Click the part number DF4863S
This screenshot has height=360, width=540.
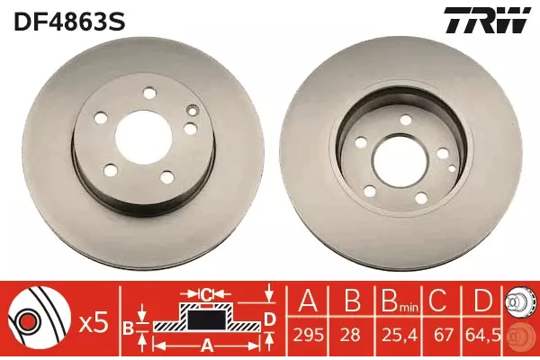click(x=69, y=22)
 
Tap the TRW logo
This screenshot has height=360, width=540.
click(x=486, y=21)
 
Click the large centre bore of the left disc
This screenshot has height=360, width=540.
click(x=144, y=138)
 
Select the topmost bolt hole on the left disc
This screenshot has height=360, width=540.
click(x=149, y=94)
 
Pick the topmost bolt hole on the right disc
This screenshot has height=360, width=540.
click(x=406, y=120)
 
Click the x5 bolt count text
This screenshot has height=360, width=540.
click(x=94, y=324)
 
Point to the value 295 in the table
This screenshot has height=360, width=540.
click(x=308, y=335)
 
